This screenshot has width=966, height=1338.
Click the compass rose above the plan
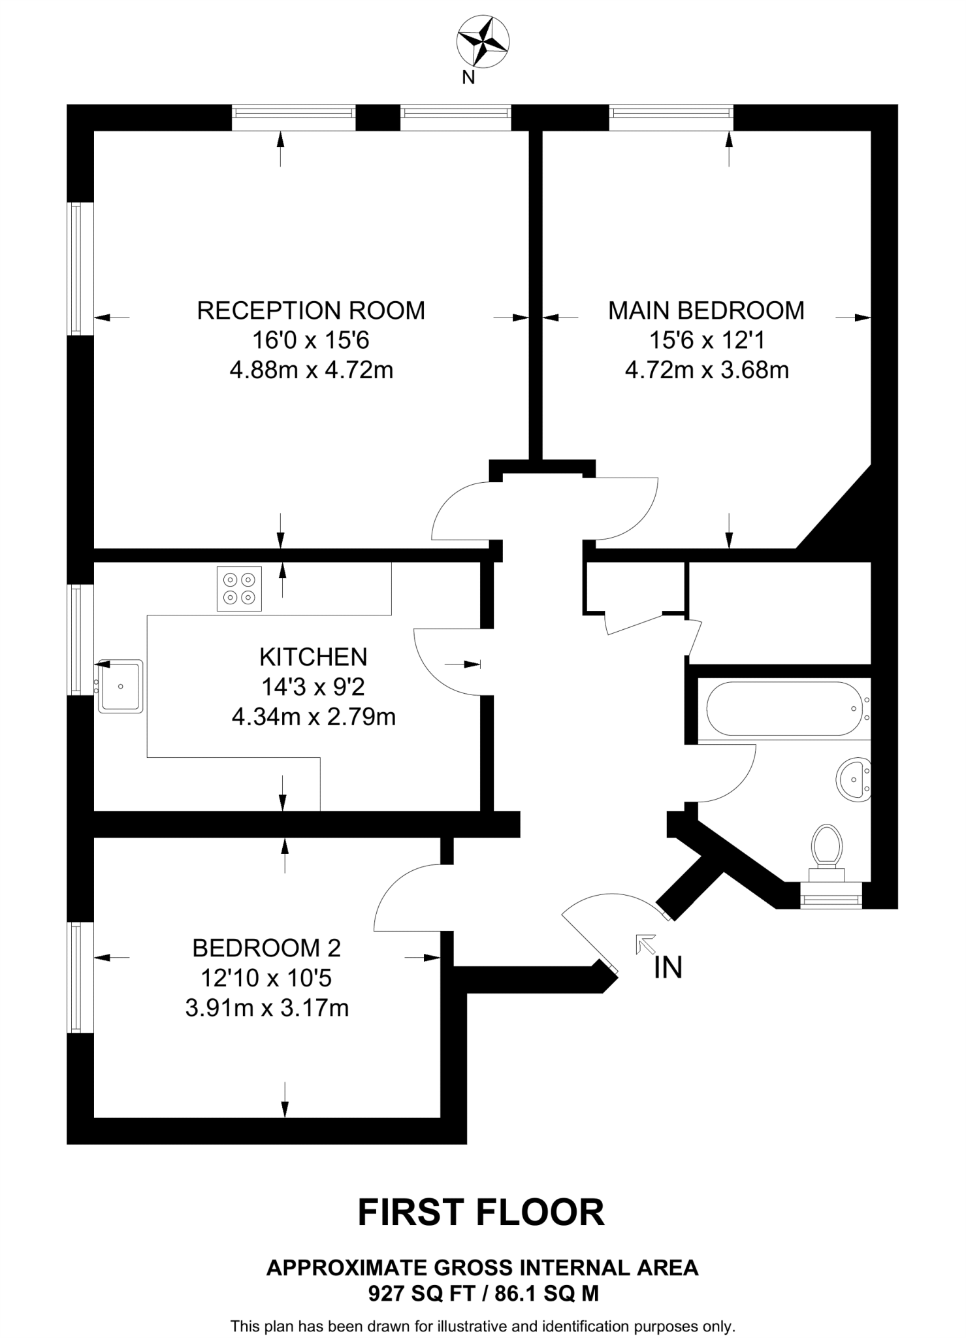click(x=483, y=42)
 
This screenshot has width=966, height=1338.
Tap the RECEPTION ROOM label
click(x=311, y=310)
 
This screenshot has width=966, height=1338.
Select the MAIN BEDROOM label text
click(x=706, y=310)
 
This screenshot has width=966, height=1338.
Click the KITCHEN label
click(x=314, y=657)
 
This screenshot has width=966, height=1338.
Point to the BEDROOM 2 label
click(x=266, y=947)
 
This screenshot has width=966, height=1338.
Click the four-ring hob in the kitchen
click(x=239, y=589)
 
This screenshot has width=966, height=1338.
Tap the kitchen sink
click(x=120, y=686)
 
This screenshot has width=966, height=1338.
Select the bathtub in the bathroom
click(x=784, y=709)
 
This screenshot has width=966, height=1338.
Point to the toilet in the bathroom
click(x=826, y=849)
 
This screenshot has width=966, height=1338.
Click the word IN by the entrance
click(x=668, y=968)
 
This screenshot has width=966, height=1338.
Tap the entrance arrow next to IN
click(x=646, y=945)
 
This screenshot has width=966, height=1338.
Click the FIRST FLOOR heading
click(x=481, y=1213)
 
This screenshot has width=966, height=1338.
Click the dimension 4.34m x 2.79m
click(x=314, y=717)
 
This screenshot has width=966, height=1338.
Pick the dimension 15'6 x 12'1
click(x=706, y=340)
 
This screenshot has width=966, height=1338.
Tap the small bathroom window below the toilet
click(x=831, y=900)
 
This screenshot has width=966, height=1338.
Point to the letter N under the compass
click(x=468, y=78)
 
